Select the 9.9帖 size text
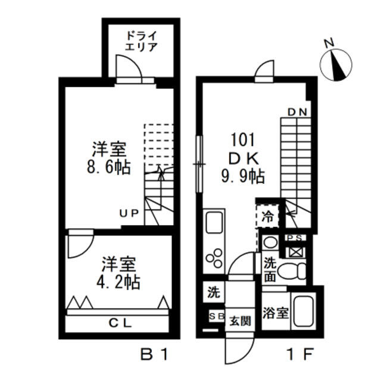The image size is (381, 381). tap(243, 176)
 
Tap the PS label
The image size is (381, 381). tap(295, 238)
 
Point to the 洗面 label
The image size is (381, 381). tap(270, 269)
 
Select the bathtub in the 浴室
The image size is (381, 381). tap(305, 311)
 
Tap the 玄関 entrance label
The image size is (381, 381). tap(240, 320)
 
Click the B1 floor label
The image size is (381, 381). tap(155, 355)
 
